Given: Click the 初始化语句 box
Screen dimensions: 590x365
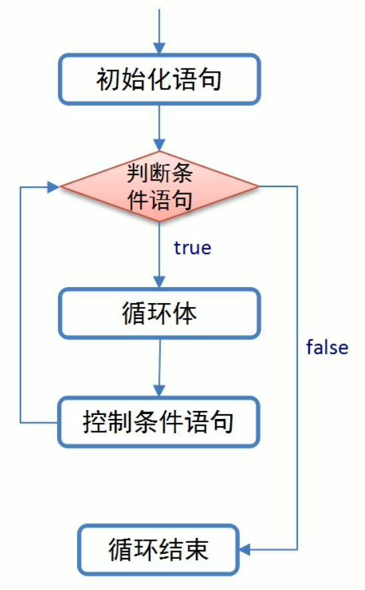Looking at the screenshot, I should [159, 80].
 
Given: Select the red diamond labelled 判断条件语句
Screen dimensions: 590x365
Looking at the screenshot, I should [160, 187].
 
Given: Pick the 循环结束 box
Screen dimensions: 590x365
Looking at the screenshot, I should [159, 550].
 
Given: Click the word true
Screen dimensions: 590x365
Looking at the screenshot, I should [192, 248].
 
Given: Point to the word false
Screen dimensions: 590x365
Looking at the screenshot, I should [327, 347].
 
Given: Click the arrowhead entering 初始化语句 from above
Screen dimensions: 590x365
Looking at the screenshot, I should [160, 48].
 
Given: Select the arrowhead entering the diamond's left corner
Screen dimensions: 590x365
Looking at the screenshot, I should [54, 187].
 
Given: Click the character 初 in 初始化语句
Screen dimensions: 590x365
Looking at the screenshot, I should [108, 80].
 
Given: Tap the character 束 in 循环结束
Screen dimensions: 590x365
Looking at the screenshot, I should [197, 550].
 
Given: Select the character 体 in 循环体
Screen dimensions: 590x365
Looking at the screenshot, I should [186, 313].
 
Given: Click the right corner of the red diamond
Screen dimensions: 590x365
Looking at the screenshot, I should [258, 187].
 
